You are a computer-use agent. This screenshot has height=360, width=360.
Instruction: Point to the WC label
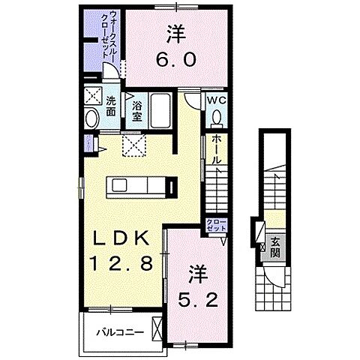(x=217, y=100)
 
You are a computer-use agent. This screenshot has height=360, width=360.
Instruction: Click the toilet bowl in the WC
(x=217, y=118)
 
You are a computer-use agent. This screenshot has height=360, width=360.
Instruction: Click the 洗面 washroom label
(x=110, y=106)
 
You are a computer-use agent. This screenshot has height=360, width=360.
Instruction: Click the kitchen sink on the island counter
(x=147, y=184)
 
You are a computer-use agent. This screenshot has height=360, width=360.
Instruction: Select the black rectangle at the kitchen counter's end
(x=173, y=185)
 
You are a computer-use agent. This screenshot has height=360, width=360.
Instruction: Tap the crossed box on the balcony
(x=157, y=328)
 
